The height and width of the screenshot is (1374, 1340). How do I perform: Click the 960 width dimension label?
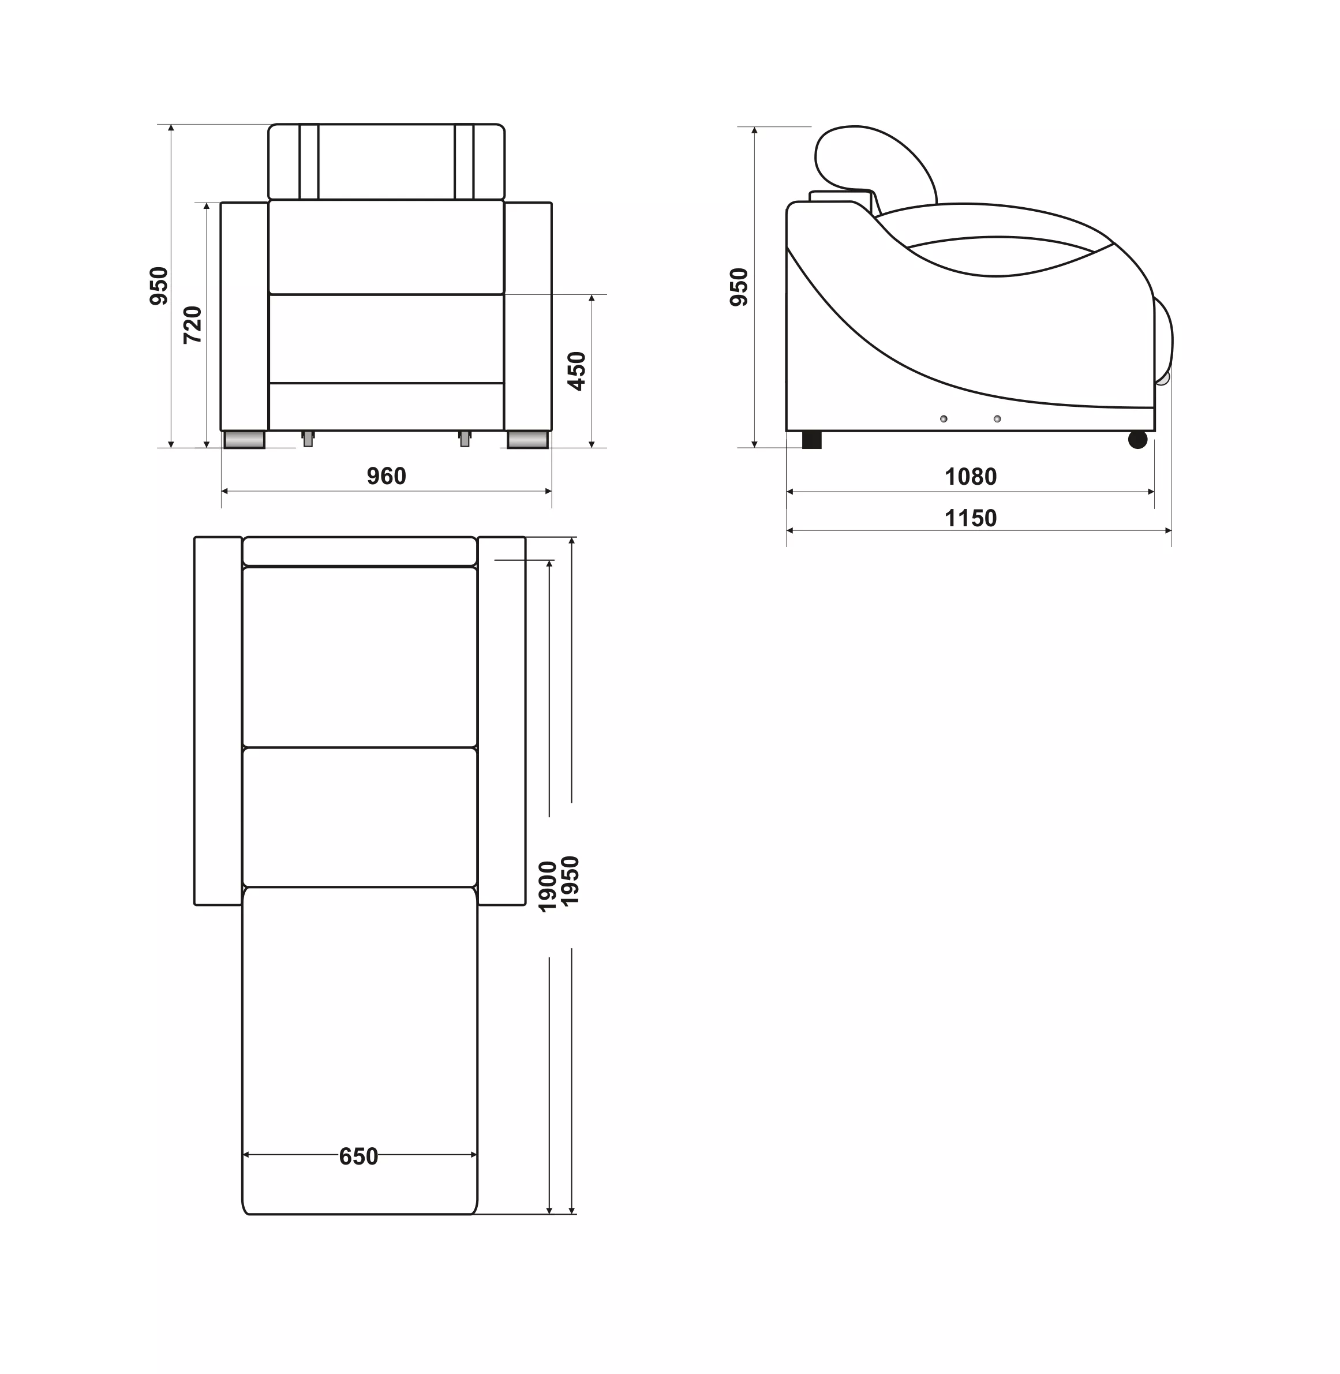click(387, 477)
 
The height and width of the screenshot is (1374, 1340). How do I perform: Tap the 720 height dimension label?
click(192, 325)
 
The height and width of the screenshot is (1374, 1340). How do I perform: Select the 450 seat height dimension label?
click(577, 371)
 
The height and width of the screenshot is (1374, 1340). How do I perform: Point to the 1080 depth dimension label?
click(971, 477)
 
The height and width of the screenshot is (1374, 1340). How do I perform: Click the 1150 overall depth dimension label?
click(971, 519)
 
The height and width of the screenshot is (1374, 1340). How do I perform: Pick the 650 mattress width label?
click(359, 1156)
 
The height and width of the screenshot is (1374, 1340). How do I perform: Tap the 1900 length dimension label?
click(548, 886)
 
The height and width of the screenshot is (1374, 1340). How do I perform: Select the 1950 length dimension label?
click(570, 881)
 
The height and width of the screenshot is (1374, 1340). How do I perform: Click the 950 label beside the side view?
click(739, 286)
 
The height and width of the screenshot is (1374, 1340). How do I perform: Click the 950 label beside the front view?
click(159, 286)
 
